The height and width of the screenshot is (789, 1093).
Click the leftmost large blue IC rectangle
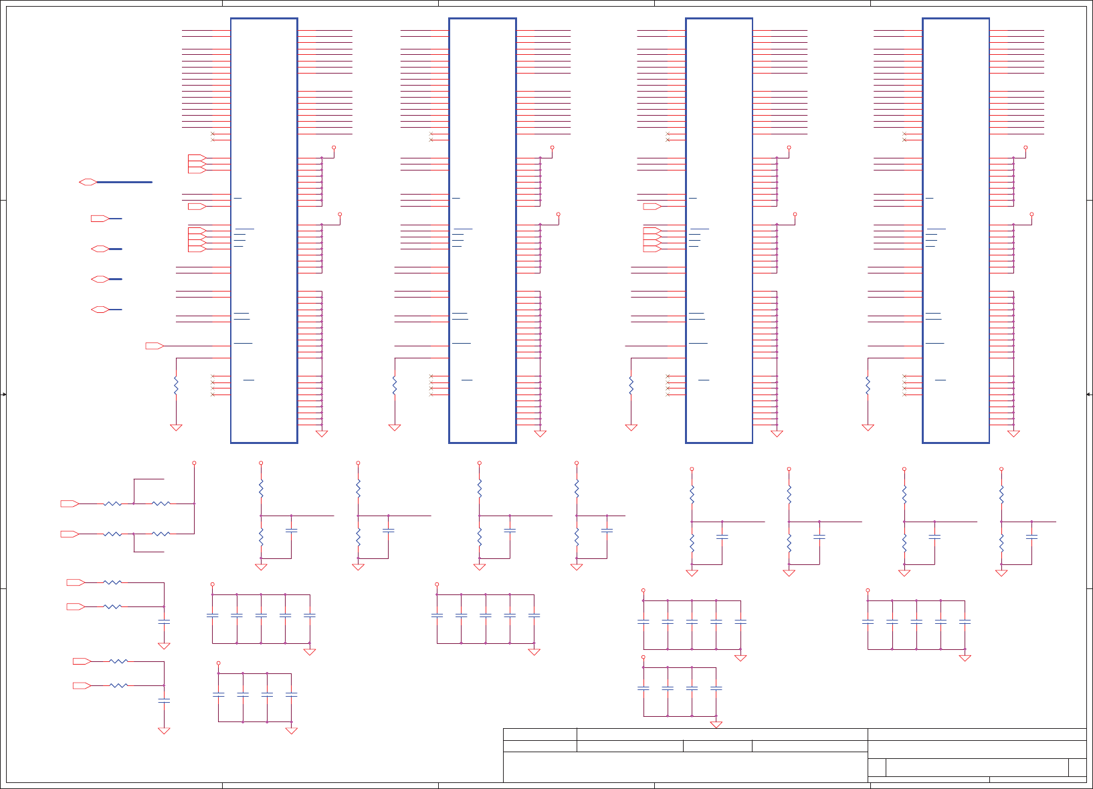pyautogui.click(x=264, y=230)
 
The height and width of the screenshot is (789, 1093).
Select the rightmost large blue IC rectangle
pyautogui.click(x=955, y=230)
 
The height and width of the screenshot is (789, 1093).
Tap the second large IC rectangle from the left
pyautogui.click(x=482, y=230)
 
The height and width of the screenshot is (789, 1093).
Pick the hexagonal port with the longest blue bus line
pyautogui.click(x=88, y=182)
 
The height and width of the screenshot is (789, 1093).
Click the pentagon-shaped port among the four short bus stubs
pyautogui.click(x=100, y=219)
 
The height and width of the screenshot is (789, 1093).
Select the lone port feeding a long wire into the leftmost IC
pyautogui.click(x=155, y=346)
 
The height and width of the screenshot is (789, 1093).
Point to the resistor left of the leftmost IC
pyautogui.click(x=176, y=386)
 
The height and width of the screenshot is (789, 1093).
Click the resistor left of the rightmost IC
pyautogui.click(x=868, y=386)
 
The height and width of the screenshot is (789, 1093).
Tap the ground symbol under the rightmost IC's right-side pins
pyautogui.click(x=1013, y=434)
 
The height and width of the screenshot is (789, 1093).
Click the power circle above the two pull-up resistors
pyautogui.click(x=194, y=463)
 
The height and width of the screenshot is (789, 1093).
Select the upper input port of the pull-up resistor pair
pyautogui.click(x=70, y=503)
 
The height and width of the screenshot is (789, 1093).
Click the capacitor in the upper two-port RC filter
pyautogui.click(x=164, y=622)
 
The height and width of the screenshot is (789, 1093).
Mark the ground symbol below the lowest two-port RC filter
pyautogui.click(x=164, y=731)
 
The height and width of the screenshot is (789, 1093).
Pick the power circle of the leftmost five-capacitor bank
pyautogui.click(x=213, y=584)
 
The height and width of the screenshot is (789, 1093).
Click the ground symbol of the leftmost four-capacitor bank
pyautogui.click(x=291, y=731)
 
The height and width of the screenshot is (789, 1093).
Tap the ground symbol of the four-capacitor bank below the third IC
pyautogui.click(x=716, y=725)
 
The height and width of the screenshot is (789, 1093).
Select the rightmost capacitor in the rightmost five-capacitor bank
pyautogui.click(x=965, y=623)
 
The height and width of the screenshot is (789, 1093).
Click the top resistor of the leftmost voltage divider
pyautogui.click(x=261, y=488)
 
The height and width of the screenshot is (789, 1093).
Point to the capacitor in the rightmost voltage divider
pyautogui.click(x=1031, y=537)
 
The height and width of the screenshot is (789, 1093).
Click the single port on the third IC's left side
pyautogui.click(x=652, y=206)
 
